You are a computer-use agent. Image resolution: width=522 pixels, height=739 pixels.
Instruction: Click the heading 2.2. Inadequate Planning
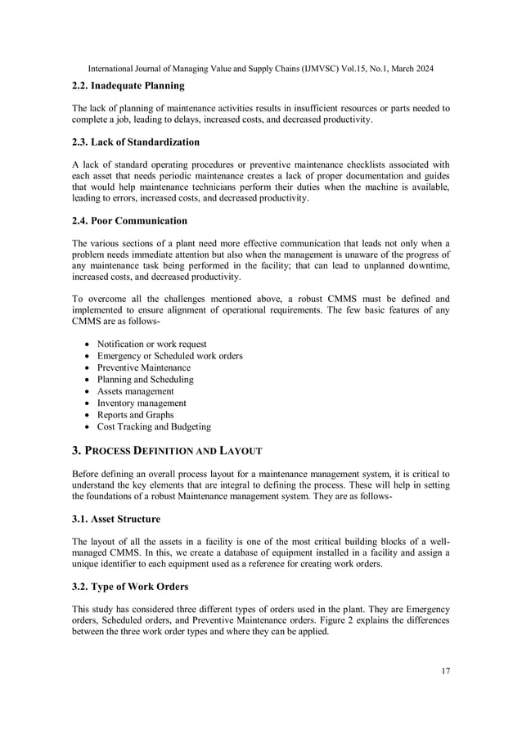click(x=128, y=85)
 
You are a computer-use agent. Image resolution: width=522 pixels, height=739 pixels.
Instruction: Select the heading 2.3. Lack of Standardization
click(x=136, y=142)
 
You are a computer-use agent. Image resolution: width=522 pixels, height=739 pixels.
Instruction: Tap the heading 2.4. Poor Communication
click(x=129, y=220)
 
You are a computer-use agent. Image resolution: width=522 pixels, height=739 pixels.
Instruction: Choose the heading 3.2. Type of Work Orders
click(x=130, y=586)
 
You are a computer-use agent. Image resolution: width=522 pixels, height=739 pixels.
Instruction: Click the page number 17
click(x=445, y=671)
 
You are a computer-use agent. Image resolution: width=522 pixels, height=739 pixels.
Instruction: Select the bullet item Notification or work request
click(x=151, y=344)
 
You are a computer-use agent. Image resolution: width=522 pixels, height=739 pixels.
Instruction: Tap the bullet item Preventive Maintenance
click(x=143, y=367)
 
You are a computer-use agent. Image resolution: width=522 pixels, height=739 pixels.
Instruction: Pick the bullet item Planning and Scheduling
click(x=145, y=380)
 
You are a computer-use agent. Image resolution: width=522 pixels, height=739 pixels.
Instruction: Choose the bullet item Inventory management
click(x=142, y=403)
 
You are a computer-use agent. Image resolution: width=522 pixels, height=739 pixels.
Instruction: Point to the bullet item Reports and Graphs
click(x=135, y=415)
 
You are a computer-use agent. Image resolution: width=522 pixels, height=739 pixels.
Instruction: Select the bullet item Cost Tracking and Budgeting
click(x=154, y=426)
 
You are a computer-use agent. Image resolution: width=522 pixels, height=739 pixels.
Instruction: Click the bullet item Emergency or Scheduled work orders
click(x=169, y=356)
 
